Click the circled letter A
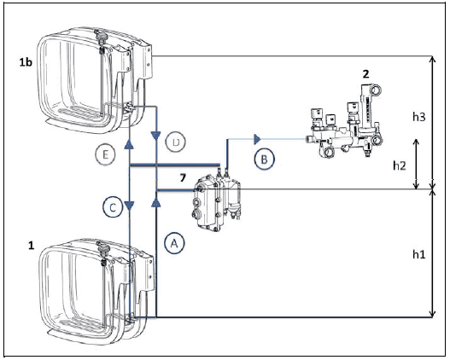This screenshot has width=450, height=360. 174,243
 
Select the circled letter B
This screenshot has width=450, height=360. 265,159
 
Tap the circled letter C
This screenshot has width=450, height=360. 113,207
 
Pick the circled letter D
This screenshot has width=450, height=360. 176,142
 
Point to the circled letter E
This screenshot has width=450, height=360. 105,154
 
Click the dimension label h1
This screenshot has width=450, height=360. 419,254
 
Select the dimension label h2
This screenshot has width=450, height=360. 400,165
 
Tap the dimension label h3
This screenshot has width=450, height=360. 419,117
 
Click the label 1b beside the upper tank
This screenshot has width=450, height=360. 26,62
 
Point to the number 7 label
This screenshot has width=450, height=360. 183,178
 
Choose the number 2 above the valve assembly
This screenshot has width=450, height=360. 365,74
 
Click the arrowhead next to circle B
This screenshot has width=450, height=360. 257,140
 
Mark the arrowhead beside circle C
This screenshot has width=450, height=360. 130,206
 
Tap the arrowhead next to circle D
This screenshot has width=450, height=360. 156,136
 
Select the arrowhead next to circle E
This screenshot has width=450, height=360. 129,144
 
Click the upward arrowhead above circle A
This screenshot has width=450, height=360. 156,203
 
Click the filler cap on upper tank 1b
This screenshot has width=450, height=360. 102,38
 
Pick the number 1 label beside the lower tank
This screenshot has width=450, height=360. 32,246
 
